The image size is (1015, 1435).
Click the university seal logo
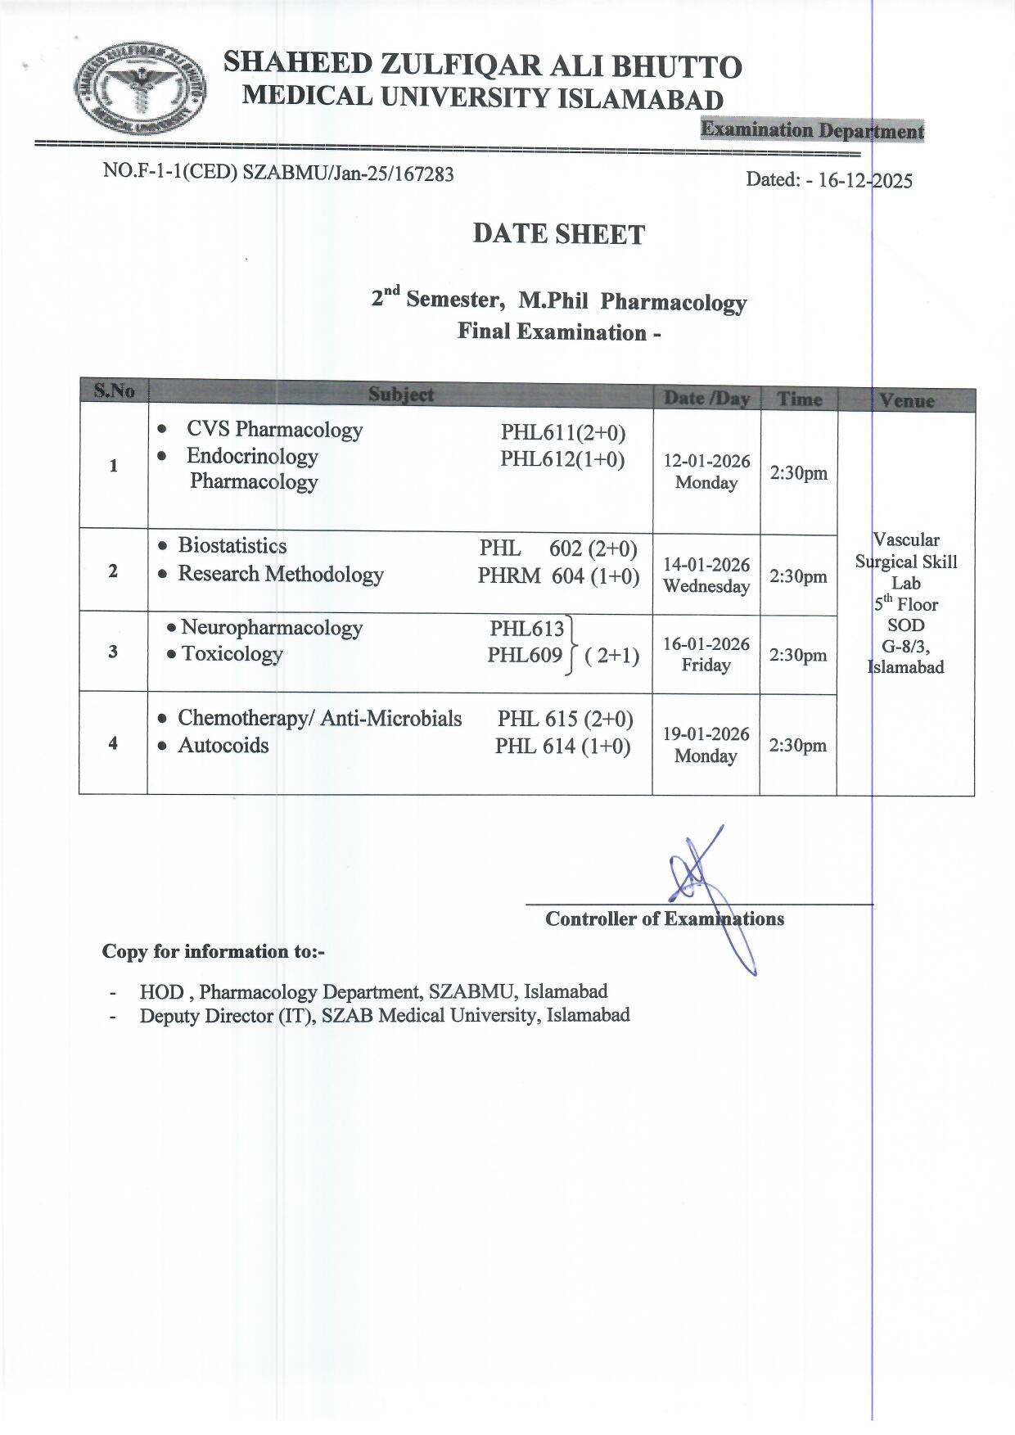point(140,89)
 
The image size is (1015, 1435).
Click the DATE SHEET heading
point(558,235)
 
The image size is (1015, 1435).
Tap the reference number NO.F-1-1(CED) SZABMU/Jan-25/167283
point(278,173)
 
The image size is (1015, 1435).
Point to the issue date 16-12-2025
point(865,180)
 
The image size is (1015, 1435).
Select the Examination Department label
point(812,130)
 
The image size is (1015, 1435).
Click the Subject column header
point(400,394)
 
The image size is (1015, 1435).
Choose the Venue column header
point(906,400)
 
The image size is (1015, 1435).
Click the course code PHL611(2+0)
point(563,433)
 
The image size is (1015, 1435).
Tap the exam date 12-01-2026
point(706,461)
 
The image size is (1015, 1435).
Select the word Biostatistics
point(232,546)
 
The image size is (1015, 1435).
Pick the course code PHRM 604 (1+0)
point(558,576)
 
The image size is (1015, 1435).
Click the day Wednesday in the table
point(706,586)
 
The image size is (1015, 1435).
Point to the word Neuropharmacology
point(272,628)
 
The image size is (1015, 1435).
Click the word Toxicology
point(232,654)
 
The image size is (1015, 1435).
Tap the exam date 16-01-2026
point(706,644)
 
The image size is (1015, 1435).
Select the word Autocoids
point(223,745)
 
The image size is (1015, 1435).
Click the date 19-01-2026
point(706,734)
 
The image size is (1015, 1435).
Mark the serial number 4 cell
point(113,743)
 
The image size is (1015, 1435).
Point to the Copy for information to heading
point(214,951)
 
